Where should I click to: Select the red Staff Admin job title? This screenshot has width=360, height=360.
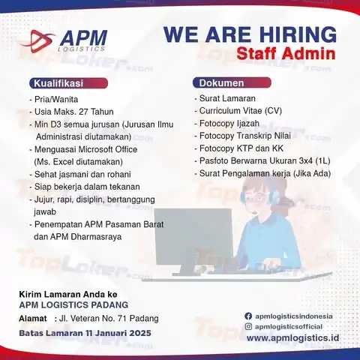286,54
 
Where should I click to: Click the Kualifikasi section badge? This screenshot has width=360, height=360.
68,83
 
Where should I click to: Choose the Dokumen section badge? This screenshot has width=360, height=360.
232,82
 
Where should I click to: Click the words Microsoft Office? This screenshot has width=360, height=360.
108,149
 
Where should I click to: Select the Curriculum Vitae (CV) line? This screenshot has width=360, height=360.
241,111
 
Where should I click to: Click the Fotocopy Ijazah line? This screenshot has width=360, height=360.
229,124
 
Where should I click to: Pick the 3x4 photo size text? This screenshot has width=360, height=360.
306,160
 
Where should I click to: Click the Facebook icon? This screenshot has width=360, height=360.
248,316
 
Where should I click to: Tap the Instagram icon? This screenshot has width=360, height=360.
248,326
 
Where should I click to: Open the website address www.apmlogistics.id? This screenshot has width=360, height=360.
292,338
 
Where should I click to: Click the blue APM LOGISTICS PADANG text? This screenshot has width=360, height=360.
73,304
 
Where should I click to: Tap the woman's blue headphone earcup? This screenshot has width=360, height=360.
274,197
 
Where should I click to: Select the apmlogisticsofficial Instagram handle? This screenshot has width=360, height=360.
289,326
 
